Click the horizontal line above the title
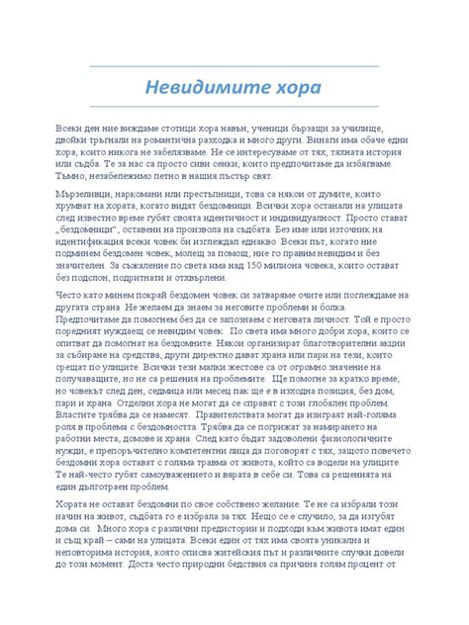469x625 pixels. click(234, 66)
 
